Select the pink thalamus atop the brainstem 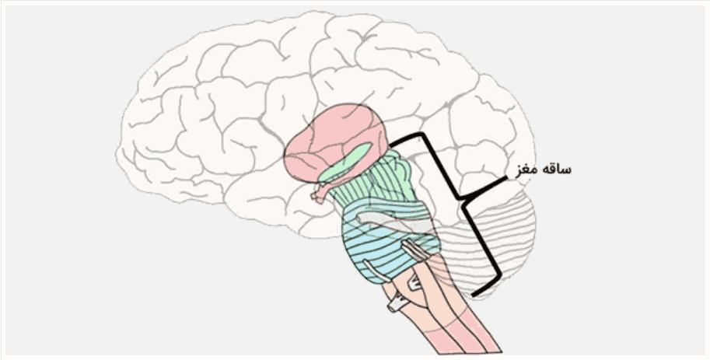tap(327, 140)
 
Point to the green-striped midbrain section tap(381, 179)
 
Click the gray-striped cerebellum tap(498, 241)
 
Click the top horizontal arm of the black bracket tap(406, 138)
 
